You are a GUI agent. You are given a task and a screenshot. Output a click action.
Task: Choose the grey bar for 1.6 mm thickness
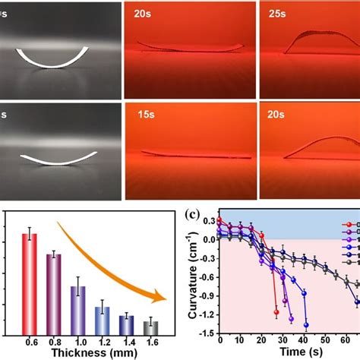(x=151, y=327)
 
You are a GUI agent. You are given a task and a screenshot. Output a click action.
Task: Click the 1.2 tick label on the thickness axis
(x=103, y=343)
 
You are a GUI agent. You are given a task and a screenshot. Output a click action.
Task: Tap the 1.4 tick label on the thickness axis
(x=127, y=343)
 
